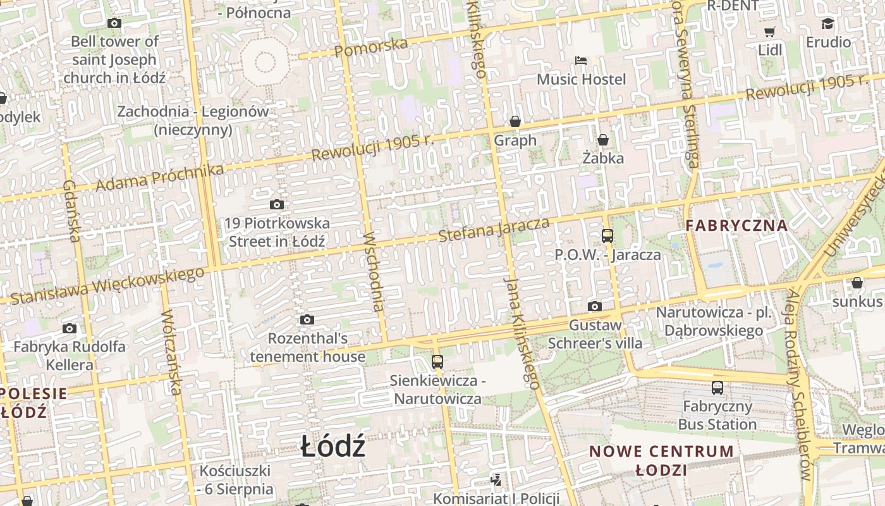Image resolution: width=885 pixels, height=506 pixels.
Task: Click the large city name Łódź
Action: tap(333, 447)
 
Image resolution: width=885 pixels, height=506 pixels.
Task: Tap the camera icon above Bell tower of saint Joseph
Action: tap(114, 23)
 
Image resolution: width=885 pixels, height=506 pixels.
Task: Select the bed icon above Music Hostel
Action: tap(581, 61)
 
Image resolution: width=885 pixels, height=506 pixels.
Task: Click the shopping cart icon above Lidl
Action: tap(769, 32)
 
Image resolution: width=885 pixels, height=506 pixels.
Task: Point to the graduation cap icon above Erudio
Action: tap(827, 24)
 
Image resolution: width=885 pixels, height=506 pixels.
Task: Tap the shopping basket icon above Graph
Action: tap(515, 121)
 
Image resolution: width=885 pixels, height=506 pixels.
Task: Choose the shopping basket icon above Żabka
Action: tap(603, 139)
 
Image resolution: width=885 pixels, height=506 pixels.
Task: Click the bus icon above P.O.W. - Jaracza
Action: tap(607, 236)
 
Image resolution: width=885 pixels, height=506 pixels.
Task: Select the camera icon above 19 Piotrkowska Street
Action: tap(277, 204)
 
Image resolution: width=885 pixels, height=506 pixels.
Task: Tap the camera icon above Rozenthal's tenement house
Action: tap(307, 319)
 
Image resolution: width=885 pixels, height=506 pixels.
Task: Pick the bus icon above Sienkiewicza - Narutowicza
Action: tap(437, 362)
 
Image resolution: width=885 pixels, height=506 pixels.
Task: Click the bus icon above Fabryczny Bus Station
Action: tap(717, 387)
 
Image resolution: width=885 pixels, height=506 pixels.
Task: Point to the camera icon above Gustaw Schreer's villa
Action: tap(595, 307)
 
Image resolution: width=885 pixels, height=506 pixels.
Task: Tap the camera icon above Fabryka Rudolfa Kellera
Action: tap(70, 328)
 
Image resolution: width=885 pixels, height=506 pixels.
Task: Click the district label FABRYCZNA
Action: tap(737, 225)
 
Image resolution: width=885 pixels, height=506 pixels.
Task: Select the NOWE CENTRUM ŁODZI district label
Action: tap(662, 460)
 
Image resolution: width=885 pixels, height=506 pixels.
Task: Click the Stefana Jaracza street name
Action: tap(494, 229)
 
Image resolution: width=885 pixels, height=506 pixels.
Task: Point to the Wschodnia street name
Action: tap(374, 271)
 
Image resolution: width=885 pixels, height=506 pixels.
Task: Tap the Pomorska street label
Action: tap(371, 47)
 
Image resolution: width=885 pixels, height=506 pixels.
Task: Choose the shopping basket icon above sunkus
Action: tap(857, 282)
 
